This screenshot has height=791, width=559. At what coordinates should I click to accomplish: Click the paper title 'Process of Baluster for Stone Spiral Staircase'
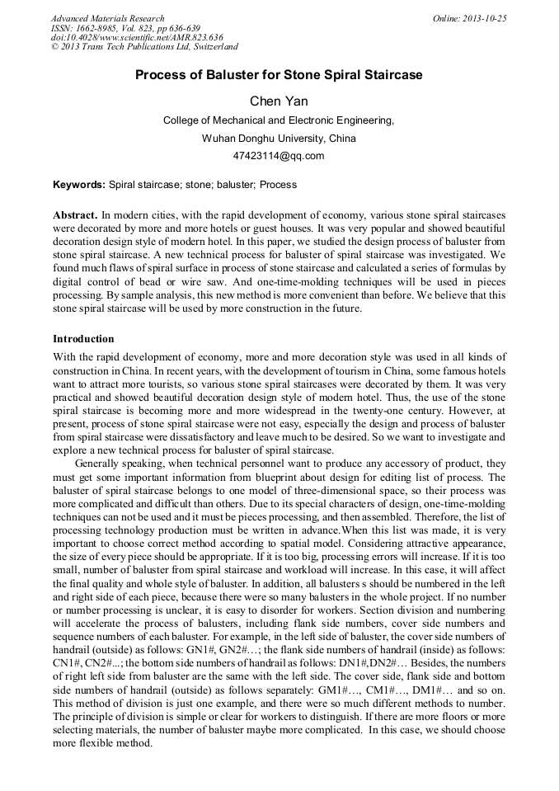(279, 75)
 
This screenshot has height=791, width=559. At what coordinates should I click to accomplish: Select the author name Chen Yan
(279, 101)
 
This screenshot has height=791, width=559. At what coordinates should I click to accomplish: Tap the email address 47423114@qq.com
(279, 155)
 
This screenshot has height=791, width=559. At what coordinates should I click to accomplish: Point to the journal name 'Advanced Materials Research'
(107, 18)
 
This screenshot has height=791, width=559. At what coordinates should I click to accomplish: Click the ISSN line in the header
(125, 28)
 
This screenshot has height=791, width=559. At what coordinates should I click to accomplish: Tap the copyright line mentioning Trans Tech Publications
(144, 47)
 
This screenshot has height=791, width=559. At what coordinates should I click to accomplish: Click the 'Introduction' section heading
(83, 338)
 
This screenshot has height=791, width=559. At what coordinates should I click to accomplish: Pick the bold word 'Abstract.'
(75, 214)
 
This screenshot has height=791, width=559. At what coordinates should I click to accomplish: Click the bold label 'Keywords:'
(79, 185)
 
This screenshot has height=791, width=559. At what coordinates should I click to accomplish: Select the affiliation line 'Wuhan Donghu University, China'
(279, 138)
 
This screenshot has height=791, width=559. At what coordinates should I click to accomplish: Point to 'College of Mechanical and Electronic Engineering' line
(279, 120)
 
